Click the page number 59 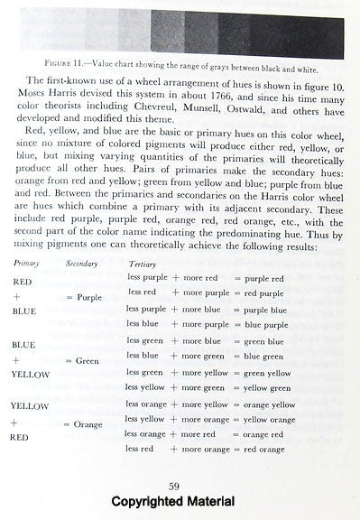pos(180,487)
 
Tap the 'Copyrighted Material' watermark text pos(180,502)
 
